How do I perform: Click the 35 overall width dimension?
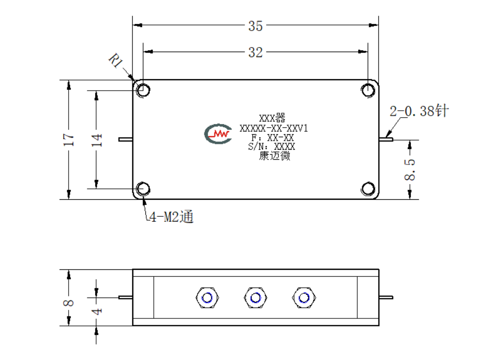pyautogui.click(x=256, y=26)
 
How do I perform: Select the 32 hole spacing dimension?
pyautogui.click(x=256, y=53)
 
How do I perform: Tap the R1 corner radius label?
pyautogui.click(x=116, y=60)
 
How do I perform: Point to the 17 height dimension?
pyautogui.click(x=69, y=140)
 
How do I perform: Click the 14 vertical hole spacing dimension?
pyautogui.click(x=96, y=140)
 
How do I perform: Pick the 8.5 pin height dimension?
pyautogui.click(x=409, y=170)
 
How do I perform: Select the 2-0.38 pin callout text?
pyautogui.click(x=419, y=111)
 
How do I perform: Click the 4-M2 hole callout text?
pyautogui.click(x=171, y=217)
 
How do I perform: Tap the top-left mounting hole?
pyautogui.click(x=143, y=91)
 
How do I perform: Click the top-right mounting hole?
pyautogui.click(x=368, y=91)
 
